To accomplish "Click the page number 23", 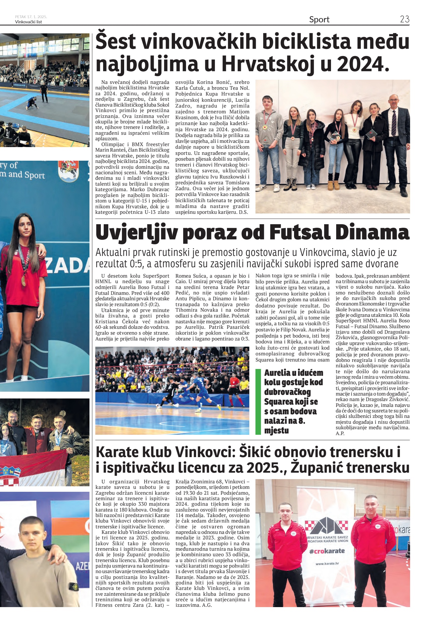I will [405, 19].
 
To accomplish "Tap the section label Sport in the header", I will [319, 19].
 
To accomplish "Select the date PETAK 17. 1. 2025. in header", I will [31, 17].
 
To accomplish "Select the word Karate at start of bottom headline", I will [117, 452].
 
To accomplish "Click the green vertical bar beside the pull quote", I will [258, 401].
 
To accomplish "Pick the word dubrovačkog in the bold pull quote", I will [287, 392].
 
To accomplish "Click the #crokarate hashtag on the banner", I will [327, 551].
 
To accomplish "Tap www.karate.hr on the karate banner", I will [327, 563].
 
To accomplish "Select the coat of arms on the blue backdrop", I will [68, 171].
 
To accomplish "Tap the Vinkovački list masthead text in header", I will [29, 22].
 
